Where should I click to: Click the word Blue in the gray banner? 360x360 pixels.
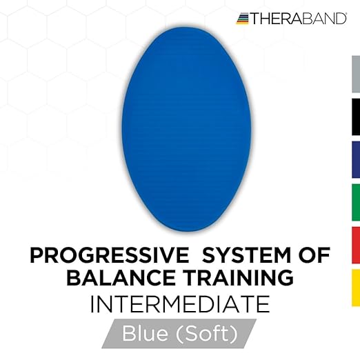pos(146,334)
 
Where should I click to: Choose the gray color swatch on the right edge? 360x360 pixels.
pos(356,75)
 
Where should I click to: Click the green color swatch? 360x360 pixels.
pos(356,203)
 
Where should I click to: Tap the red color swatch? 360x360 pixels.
pos(356,246)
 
